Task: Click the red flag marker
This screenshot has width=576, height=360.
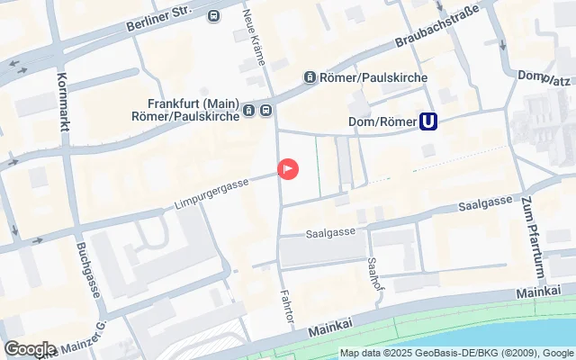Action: [288, 168]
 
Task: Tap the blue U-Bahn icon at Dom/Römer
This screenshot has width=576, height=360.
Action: [430, 121]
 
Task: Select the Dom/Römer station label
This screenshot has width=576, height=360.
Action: [382, 121]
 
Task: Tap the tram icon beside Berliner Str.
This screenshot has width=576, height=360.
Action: [213, 15]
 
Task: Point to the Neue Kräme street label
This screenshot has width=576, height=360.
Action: [255, 36]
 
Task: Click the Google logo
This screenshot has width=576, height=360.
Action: [30, 348]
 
